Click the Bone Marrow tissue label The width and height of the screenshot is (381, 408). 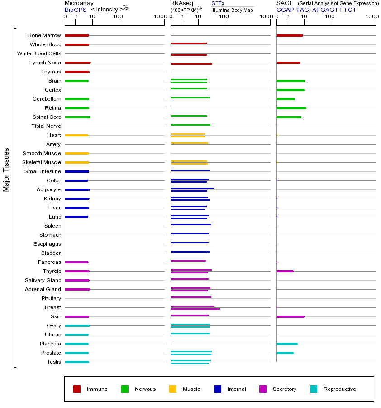(44, 35)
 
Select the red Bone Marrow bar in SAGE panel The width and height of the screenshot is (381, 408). (290, 35)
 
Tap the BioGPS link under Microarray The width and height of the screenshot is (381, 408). (75, 9)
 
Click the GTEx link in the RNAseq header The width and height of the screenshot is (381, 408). (218, 3)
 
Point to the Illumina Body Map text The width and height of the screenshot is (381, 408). (232, 10)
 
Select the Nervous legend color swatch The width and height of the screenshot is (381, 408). (125, 389)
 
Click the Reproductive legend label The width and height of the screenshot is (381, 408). (339, 389)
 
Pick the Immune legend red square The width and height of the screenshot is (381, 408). (77, 389)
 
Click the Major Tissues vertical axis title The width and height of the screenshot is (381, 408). (6, 169)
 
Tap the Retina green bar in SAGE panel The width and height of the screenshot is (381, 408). (291, 108)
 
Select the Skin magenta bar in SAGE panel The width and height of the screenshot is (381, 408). (290, 316)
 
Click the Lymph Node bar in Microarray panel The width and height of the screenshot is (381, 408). (78, 63)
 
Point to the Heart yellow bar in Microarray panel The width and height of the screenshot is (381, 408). (76, 135)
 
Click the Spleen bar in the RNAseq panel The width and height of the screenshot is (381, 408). (191, 224)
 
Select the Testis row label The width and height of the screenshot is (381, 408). (54, 362)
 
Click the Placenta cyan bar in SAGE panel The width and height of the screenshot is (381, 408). (287, 344)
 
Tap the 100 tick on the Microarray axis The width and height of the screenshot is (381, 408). (118, 17)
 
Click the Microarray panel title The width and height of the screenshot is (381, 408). (79, 3)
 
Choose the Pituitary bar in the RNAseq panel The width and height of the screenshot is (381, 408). (191, 297)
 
